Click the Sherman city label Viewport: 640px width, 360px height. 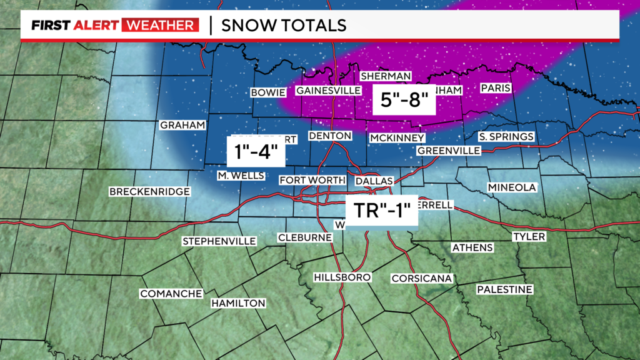coord(386,76)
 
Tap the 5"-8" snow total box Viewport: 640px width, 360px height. coord(404,99)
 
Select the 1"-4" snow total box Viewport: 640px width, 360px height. coord(256,151)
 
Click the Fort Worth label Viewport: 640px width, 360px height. coord(312,181)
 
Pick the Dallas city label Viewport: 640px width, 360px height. coord(374,181)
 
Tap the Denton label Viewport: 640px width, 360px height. coord(331,136)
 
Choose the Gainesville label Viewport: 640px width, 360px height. coord(328,91)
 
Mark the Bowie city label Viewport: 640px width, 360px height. coord(267,92)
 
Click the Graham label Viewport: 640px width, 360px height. coord(182,125)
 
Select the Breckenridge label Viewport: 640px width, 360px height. coord(149,192)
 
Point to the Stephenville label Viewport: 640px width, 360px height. coord(219,241)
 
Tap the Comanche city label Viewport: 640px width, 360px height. coord(171,294)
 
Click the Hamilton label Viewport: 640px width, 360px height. coord(238,303)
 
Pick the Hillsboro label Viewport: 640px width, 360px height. coord(342,277)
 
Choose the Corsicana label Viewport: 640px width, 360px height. coord(421,278)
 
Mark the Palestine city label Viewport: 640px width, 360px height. coord(504,289)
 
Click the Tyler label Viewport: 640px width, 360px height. coord(529,237)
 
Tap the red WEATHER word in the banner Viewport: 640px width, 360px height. coord(160,26)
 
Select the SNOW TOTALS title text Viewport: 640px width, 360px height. coord(284,26)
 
